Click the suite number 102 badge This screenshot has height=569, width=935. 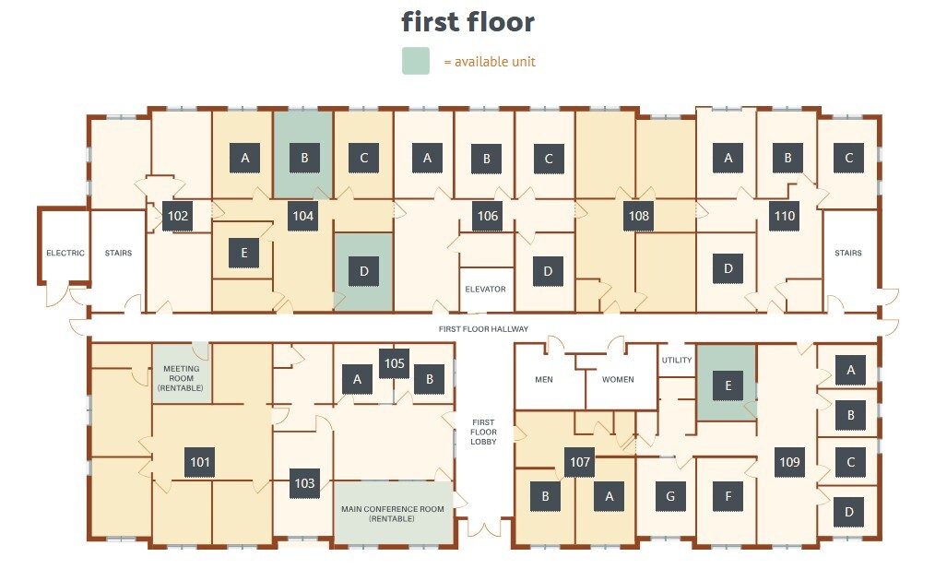tap(178, 216)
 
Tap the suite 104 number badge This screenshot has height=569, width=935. tap(303, 216)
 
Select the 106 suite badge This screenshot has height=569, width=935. tap(488, 216)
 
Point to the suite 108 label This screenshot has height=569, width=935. tap(639, 216)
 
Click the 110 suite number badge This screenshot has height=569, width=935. tap(785, 216)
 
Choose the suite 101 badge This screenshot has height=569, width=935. tap(200, 462)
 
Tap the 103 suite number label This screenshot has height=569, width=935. tap(304, 483)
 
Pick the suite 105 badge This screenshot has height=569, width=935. tap(394, 363)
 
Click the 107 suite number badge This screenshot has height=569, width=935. tap(580, 462)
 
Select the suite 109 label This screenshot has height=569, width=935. tap(789, 462)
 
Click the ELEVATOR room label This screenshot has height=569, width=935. tap(485, 290)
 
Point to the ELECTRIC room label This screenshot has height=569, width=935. tap(65, 253)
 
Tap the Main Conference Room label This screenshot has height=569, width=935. tap(393, 514)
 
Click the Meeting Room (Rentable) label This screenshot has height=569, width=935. tap(182, 378)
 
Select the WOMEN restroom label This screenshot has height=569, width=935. tap(618, 379)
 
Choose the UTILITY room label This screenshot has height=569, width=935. tap(677, 361)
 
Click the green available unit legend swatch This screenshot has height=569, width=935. tap(416, 61)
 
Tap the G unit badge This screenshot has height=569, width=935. tap(670, 496)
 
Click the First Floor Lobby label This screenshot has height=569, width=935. tap(483, 432)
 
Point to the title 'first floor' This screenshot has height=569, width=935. tap(468, 22)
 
